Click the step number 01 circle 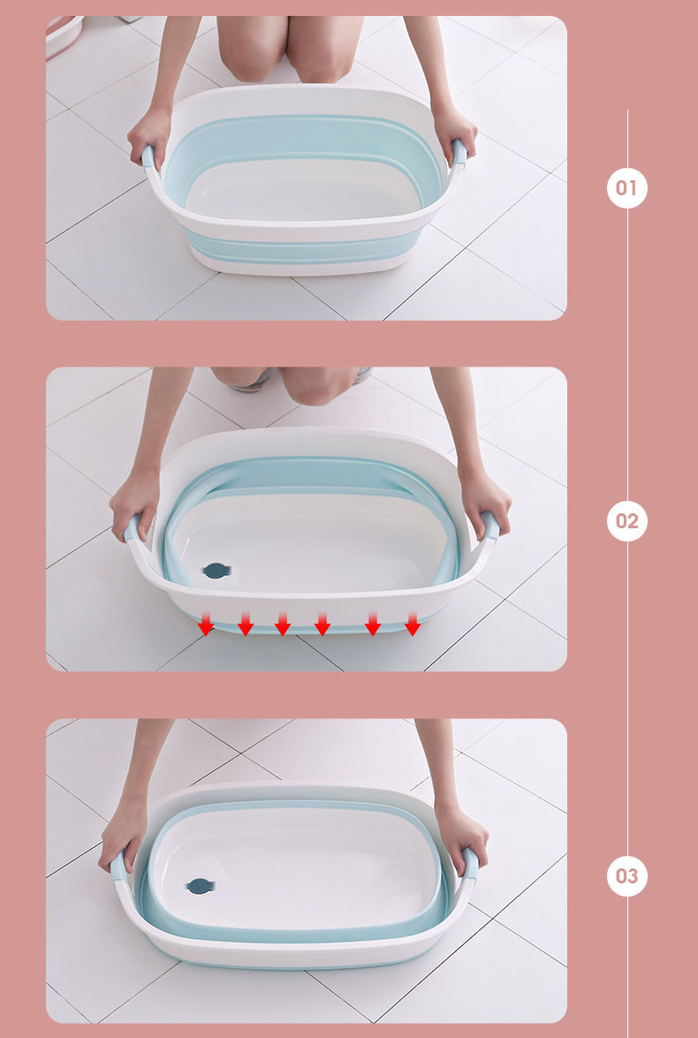(626, 188)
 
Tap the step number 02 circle (626, 521)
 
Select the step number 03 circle (626, 875)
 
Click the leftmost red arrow (206, 624)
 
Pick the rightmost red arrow (413, 624)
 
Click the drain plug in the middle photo (216, 571)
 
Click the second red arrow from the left (246, 624)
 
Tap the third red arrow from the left (283, 624)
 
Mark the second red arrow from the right (373, 624)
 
